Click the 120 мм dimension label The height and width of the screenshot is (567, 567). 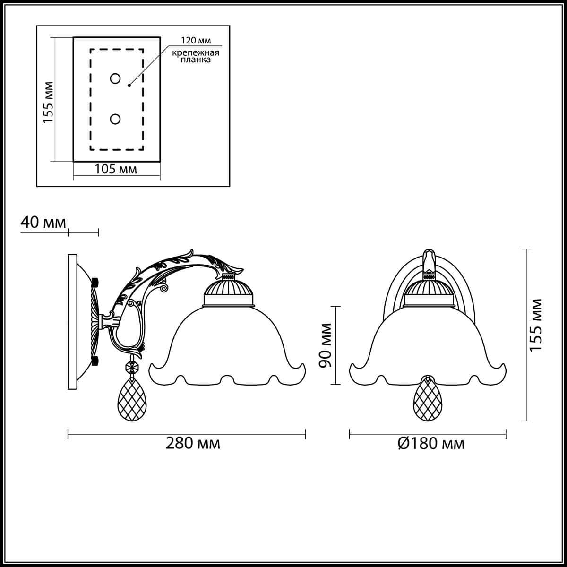(196, 40)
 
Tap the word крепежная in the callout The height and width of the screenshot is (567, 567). (196, 53)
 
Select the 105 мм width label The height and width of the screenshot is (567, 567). (116, 169)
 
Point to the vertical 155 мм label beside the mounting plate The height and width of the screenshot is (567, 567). (49, 102)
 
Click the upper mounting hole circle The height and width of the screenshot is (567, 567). (115, 78)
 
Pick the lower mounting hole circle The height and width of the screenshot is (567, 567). (115, 119)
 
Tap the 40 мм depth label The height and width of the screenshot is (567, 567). (43, 223)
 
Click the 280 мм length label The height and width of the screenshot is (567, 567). (193, 451)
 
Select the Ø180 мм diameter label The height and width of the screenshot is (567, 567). (431, 451)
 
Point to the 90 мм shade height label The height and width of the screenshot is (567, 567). (326, 345)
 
